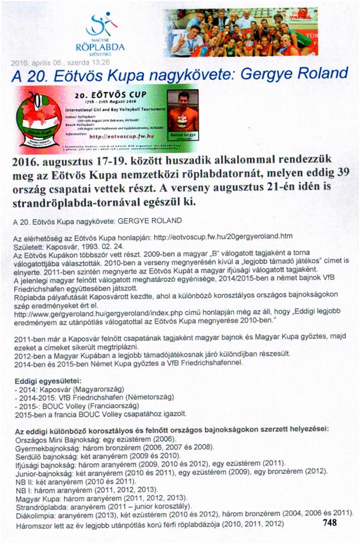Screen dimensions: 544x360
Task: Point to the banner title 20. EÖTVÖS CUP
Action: point(113,94)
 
